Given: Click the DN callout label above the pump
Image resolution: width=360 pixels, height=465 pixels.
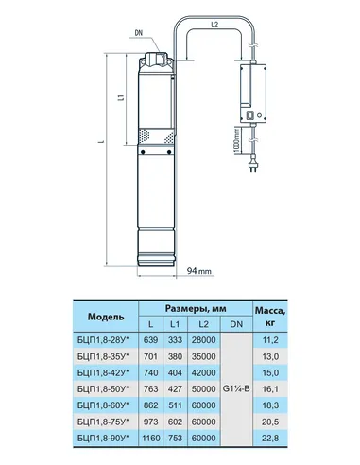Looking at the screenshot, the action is [x=139, y=33].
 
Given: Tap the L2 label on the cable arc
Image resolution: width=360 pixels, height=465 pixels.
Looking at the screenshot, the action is [x=214, y=25].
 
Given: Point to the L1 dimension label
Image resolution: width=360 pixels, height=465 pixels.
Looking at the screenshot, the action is [x=120, y=98].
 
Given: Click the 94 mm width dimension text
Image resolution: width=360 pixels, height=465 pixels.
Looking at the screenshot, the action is [x=199, y=271].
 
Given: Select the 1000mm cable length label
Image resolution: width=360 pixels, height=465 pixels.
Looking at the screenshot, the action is [x=237, y=141].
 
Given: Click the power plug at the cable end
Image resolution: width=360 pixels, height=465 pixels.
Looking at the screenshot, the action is [x=252, y=165].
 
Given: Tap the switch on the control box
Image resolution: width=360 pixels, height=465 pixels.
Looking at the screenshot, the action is [x=250, y=115].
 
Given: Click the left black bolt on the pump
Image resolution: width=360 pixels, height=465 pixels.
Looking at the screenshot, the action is [x=143, y=152].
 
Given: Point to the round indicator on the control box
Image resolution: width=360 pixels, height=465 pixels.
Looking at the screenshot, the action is [x=260, y=115].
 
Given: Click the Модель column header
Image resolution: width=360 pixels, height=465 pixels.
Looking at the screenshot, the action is [x=106, y=317].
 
